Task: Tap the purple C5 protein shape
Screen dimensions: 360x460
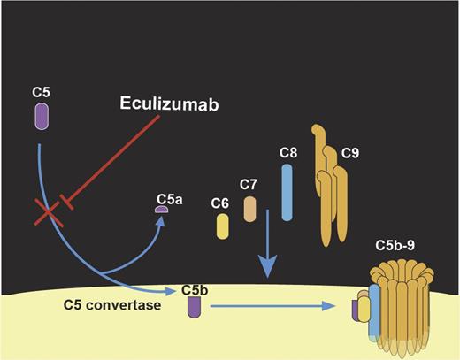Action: (41, 116)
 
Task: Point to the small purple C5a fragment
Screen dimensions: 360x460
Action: (162, 209)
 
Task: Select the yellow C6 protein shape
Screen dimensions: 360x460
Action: (224, 227)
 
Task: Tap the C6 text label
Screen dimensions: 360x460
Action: (220, 203)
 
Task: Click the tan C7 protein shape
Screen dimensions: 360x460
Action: (250, 210)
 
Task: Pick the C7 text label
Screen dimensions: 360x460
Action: (249, 185)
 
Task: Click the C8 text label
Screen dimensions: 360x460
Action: (287, 153)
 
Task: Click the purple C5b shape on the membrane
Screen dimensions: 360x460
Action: (194, 306)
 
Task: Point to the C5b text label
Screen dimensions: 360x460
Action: (194, 289)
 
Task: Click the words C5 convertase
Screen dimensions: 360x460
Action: (101, 305)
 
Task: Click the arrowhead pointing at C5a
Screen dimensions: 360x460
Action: (161, 223)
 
